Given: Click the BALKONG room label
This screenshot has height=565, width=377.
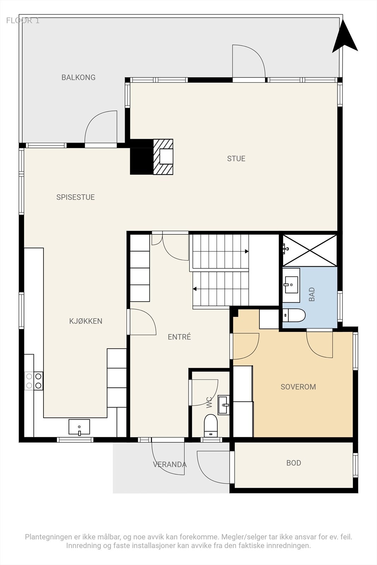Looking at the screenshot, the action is point(78,77).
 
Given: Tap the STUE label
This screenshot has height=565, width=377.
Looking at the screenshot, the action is point(236,159).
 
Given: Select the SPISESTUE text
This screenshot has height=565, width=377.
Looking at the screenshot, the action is point(76,197).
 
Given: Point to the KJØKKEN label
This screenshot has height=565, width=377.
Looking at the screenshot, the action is point(86,321).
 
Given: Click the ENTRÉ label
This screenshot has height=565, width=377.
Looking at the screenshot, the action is point(179,337).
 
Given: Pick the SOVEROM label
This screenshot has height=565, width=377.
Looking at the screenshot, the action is point(298,387).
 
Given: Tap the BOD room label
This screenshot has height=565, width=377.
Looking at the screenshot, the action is point(294,463).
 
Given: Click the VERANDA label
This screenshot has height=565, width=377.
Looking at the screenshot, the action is point(170,464).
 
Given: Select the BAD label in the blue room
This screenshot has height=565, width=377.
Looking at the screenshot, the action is point(312,295).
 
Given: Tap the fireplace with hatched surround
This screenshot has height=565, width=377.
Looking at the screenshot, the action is point(163,157).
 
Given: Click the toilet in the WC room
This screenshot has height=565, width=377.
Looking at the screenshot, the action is point(211,426).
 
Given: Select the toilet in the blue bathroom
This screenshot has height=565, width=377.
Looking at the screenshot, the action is point(294,315).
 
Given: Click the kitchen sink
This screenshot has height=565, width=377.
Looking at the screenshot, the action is point(79,427).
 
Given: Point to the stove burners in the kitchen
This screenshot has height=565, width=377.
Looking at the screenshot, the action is point(34,381).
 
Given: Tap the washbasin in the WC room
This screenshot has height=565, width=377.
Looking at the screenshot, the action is point(224,405).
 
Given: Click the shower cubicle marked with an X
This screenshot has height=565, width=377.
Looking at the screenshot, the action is point(310,250).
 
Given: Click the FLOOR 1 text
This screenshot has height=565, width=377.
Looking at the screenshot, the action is point(23,21).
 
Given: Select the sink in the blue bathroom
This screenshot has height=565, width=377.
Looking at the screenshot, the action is point(291,285).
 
